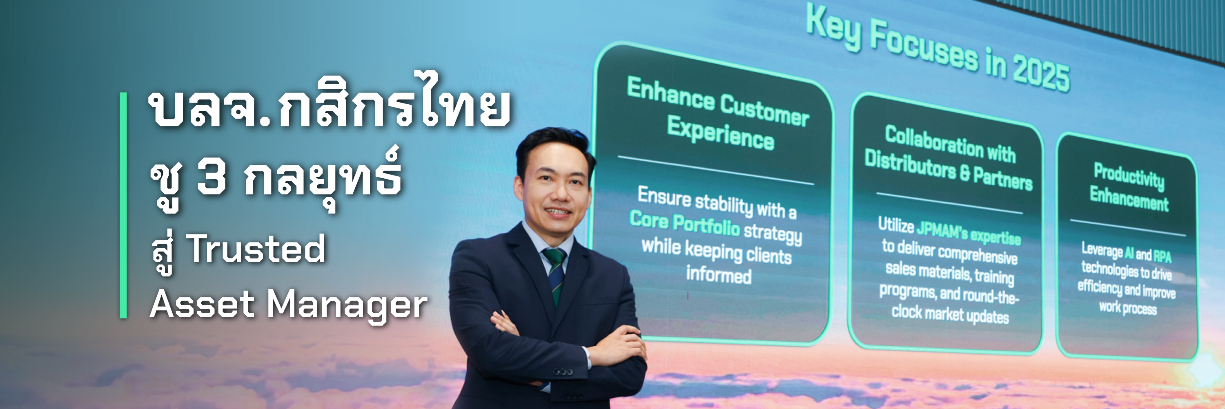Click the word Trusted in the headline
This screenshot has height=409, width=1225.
pyautogui.click(x=256, y=249)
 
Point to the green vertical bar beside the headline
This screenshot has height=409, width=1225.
pyautogui.click(x=123, y=205)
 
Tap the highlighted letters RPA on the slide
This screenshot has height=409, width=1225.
pyautogui.click(x=1162, y=256)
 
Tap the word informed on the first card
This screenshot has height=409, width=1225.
pyautogui.click(x=719, y=275)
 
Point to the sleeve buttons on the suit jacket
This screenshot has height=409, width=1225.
pyautogui.click(x=563, y=371)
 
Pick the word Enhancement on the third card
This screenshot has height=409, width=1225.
pyautogui.click(x=1129, y=198)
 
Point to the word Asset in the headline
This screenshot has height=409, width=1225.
pyautogui.click(x=203, y=305)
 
